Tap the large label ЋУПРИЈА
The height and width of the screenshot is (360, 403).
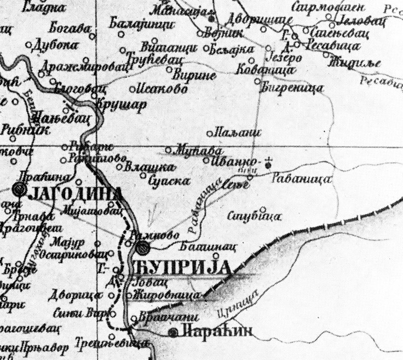click(180, 268)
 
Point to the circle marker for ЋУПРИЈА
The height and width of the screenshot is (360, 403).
click(143, 248)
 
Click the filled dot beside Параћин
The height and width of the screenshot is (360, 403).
click(174, 332)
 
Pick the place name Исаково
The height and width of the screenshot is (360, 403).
click(162, 89)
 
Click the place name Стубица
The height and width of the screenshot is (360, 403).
click(254, 215)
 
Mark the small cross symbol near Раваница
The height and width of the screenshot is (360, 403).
click(268, 163)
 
